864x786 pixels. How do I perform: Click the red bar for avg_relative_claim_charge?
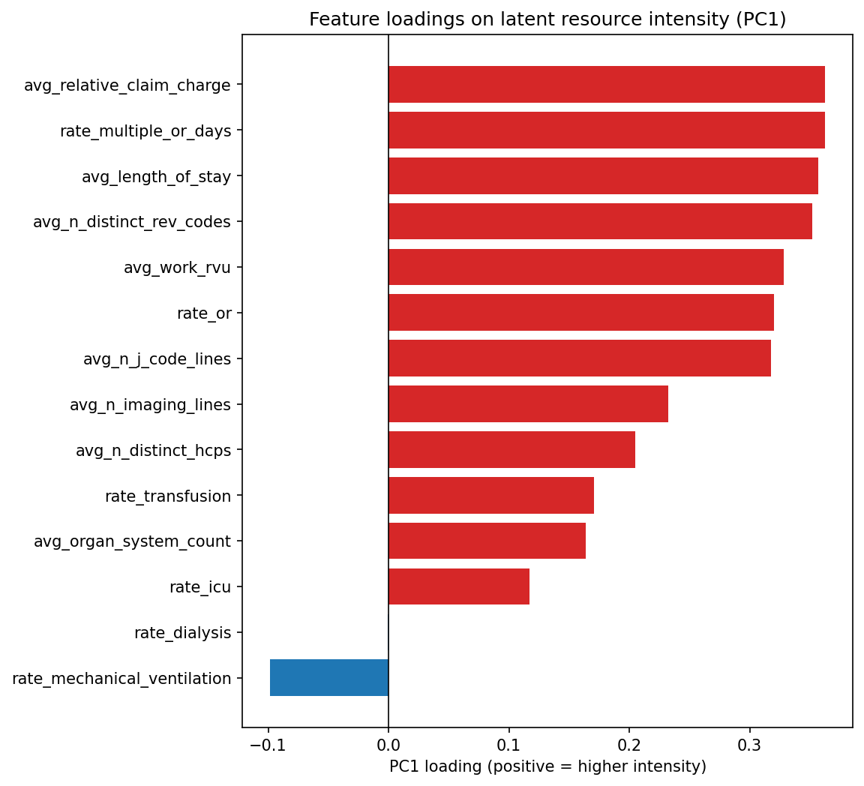pos(606,85)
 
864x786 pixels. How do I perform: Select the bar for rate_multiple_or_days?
pos(606,130)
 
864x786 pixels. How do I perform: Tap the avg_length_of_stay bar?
pos(603,176)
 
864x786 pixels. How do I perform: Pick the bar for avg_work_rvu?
pos(586,267)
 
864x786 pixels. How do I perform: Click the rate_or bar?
pos(581,313)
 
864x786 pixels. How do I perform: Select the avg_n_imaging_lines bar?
pos(528,404)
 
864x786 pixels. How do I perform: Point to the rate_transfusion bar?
pos(491,496)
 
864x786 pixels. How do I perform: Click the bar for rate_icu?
pos(459,586)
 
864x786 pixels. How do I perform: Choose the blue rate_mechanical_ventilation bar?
pos(329,678)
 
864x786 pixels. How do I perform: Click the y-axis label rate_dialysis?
pos(182,633)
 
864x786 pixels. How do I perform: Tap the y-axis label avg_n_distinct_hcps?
pos(153,451)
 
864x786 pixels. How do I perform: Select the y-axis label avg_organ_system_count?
pos(132,541)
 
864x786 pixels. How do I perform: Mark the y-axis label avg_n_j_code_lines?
pos(157,359)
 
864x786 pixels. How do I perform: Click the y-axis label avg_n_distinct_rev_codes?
pos(132,222)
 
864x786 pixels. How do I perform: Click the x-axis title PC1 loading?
pos(547,767)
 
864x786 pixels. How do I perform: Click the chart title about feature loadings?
pos(547,19)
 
